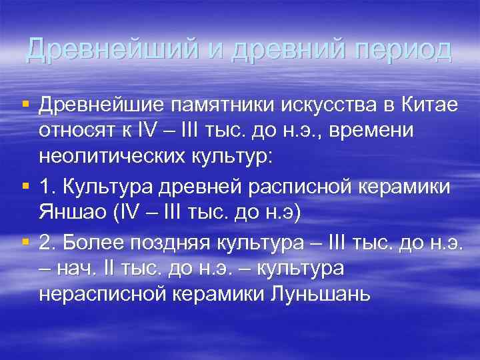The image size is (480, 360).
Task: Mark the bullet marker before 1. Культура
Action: tap(25, 187)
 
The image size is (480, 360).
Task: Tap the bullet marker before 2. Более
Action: tap(25, 243)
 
